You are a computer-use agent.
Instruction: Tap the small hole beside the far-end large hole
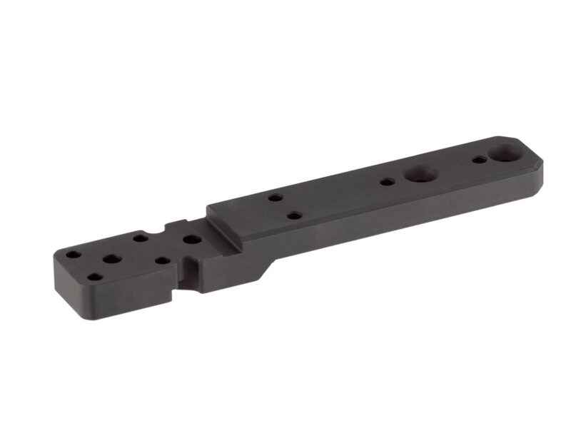[478, 160]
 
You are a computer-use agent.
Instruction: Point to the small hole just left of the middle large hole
[386, 183]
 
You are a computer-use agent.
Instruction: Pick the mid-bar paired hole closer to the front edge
[293, 214]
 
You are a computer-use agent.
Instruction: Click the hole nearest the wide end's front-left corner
[94, 277]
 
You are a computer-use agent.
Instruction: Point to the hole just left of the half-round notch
[141, 236]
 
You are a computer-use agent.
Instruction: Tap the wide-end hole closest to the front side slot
[163, 261]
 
